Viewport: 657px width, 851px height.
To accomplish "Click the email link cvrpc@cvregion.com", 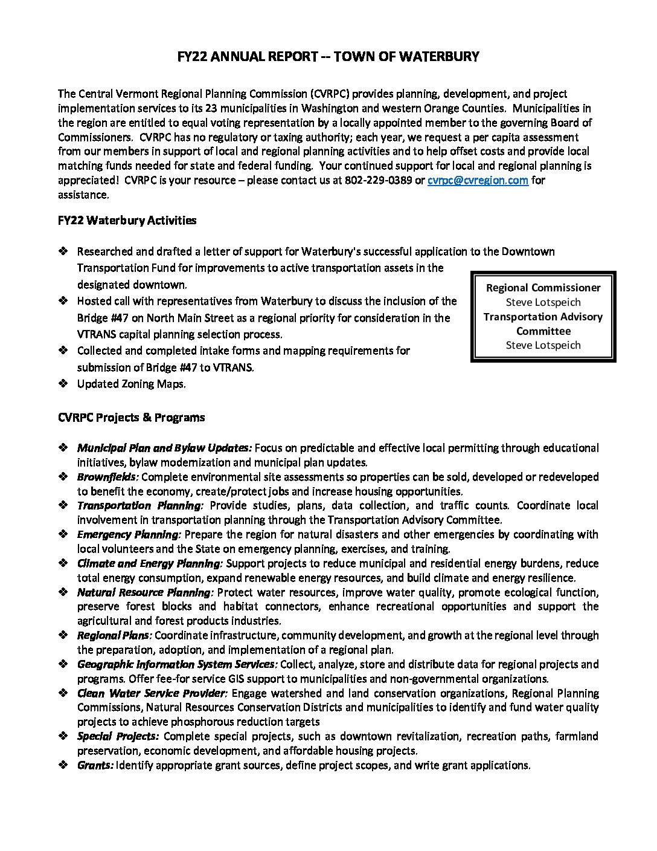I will (478, 180).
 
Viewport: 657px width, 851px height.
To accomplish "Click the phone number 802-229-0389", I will (378, 180).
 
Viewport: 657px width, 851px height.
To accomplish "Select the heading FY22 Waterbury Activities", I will (127, 221).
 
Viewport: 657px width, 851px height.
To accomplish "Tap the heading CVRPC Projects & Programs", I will (131, 418).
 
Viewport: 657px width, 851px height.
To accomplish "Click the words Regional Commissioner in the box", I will (543, 288).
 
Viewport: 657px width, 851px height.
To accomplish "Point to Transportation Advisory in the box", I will (543, 317).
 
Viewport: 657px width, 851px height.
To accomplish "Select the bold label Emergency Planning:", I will (129, 534).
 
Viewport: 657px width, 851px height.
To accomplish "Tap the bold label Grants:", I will (95, 765).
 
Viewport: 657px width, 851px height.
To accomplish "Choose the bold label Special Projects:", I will (118, 736).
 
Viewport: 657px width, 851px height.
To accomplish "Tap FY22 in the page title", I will (193, 57).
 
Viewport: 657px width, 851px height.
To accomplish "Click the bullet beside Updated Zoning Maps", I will (63, 384).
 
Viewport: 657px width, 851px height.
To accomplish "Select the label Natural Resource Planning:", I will (145, 592).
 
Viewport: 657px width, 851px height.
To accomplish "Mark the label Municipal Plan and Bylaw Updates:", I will (164, 448).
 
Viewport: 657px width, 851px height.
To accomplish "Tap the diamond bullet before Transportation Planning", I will (63, 505).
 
